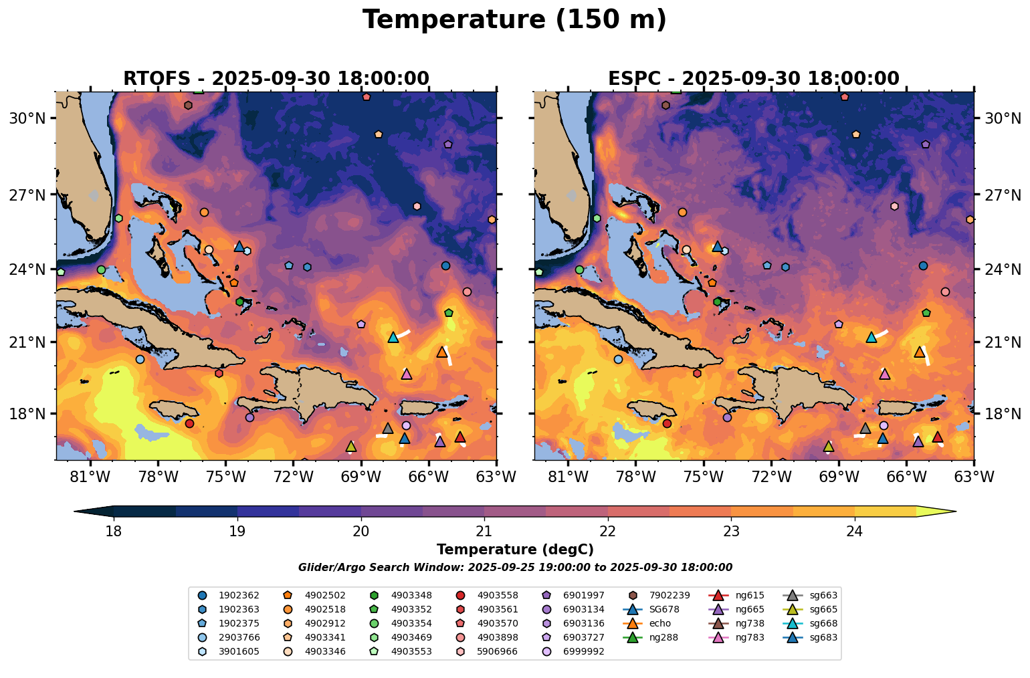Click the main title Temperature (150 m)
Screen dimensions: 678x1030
(x=514, y=20)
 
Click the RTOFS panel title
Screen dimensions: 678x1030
(x=276, y=79)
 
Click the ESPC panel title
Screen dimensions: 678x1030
(x=753, y=79)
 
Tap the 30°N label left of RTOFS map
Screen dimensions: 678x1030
(x=27, y=118)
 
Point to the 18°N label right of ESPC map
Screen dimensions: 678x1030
(x=1001, y=414)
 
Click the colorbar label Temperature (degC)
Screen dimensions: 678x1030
(x=515, y=550)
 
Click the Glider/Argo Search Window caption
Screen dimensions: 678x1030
(x=515, y=568)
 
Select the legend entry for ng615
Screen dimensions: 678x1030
(x=750, y=595)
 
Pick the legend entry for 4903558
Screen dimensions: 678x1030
(x=497, y=595)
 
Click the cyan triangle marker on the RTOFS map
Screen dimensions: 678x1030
(x=393, y=338)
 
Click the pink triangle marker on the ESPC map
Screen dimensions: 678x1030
(x=885, y=374)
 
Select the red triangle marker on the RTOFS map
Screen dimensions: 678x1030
(x=460, y=437)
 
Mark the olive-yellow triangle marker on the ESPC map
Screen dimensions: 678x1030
(x=829, y=446)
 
